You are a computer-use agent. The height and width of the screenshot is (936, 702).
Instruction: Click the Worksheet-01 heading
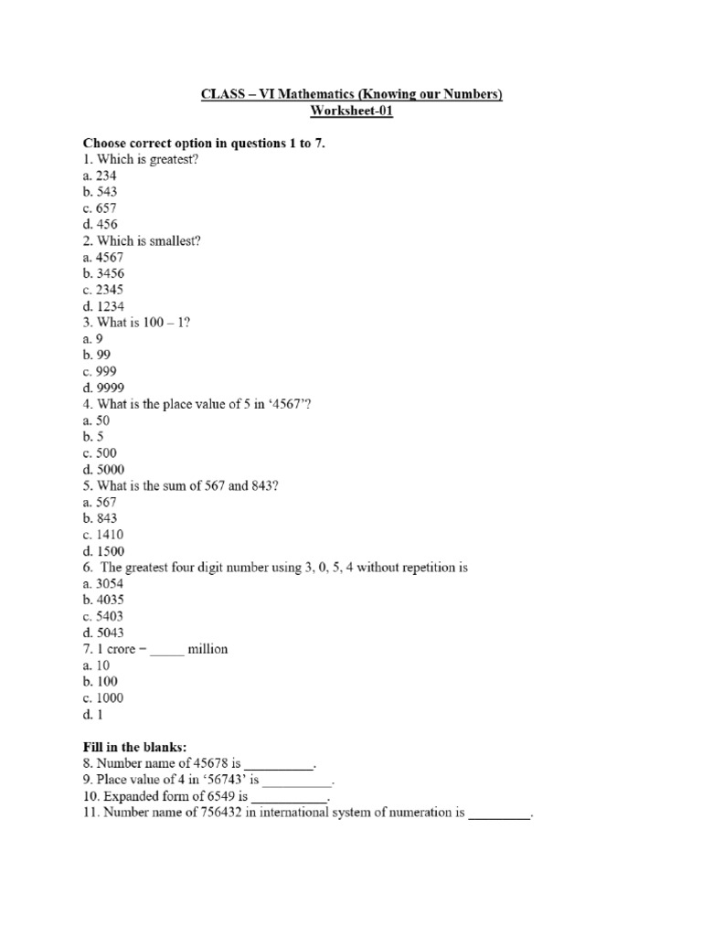[351, 111]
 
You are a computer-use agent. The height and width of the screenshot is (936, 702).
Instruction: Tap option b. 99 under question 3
[96, 355]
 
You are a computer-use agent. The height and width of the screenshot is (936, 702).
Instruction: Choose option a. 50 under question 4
[96, 420]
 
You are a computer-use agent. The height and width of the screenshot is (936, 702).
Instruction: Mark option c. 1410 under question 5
[102, 535]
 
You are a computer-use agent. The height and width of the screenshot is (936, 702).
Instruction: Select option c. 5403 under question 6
[102, 616]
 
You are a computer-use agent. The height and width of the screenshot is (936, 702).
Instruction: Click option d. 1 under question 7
[90, 714]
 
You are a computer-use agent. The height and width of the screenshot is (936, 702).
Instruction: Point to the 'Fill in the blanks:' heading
[134, 747]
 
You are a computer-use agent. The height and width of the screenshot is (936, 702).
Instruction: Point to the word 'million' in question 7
[207, 649]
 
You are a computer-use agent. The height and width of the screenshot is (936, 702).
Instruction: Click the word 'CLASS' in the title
[222, 94]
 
